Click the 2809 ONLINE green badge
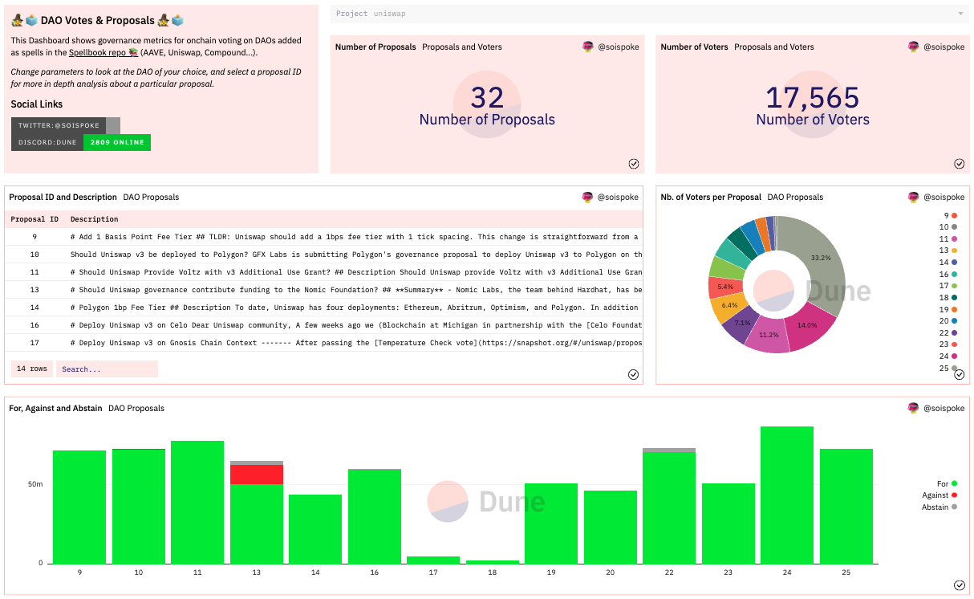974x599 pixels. point(117,142)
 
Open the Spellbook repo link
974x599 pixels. point(103,53)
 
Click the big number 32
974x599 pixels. point(487,97)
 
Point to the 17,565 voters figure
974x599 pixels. point(812,97)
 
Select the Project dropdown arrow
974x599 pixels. point(960,14)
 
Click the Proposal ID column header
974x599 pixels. point(34,219)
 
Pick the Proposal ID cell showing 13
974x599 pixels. point(34,290)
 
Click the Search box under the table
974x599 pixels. point(107,369)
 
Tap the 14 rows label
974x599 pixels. point(32,369)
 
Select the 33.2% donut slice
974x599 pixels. point(818,261)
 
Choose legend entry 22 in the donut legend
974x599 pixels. point(948,333)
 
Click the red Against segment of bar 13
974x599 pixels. point(257,475)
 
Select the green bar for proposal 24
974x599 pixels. point(787,495)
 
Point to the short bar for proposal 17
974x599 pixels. point(433,560)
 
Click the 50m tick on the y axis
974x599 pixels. point(35,484)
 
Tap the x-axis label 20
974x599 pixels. point(610,573)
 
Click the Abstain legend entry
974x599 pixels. point(940,507)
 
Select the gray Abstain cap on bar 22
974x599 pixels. point(669,450)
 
